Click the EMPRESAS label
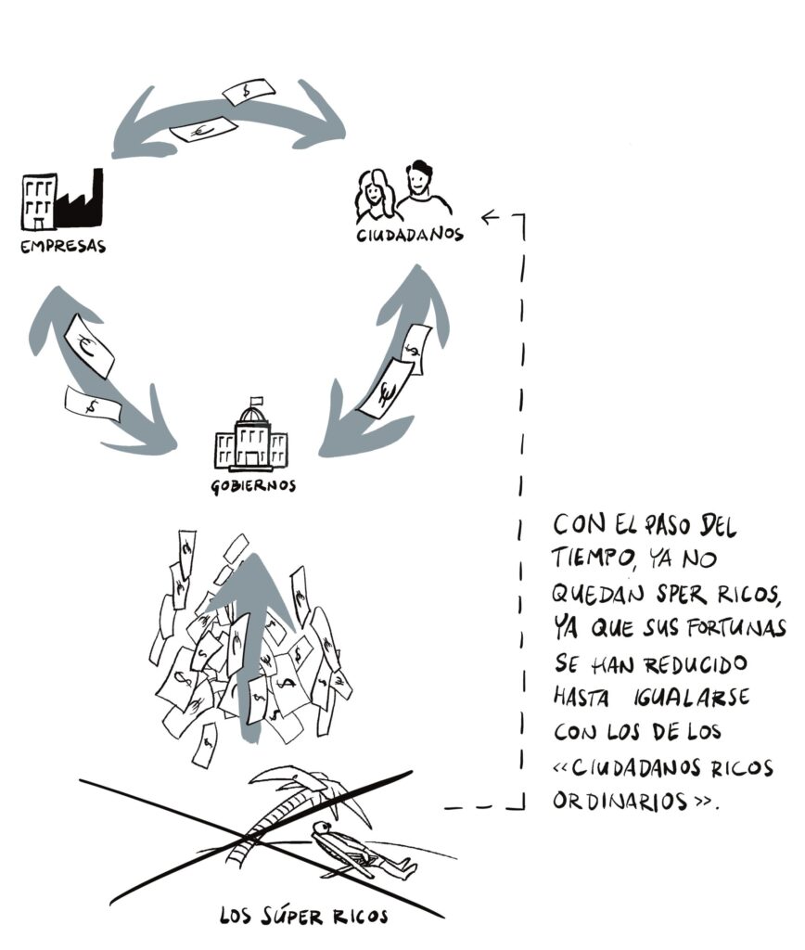point(64,248)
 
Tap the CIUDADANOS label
point(409,235)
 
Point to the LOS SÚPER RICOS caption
point(304,917)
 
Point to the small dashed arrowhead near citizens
point(490,218)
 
